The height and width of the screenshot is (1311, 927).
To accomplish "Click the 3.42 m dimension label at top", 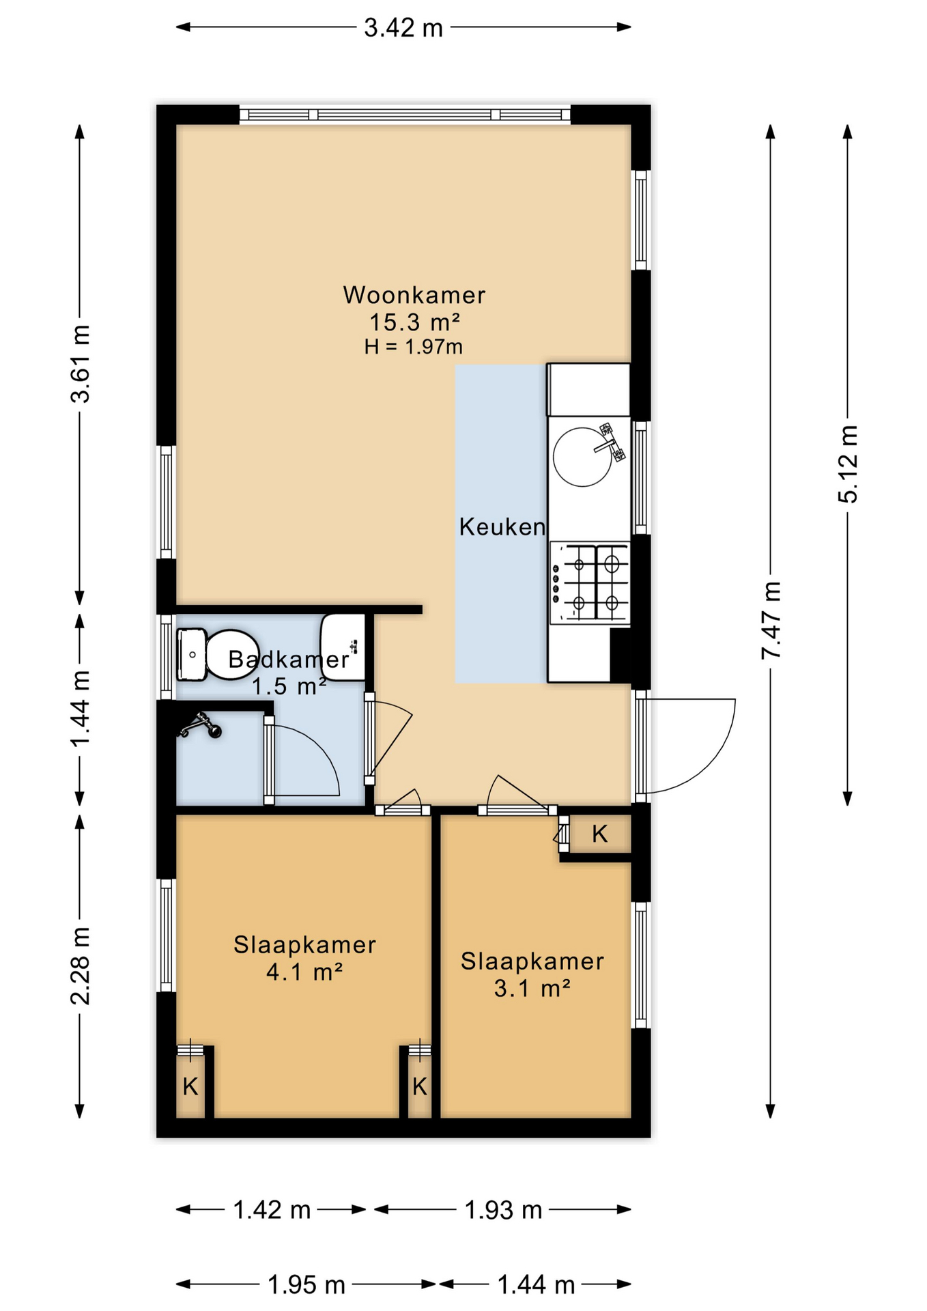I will pos(403,28).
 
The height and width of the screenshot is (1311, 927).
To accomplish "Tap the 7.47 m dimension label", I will pos(771,620).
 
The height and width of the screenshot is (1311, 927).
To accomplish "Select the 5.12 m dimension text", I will pos(848,464).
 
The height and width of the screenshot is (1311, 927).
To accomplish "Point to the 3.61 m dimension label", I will pos(81,364).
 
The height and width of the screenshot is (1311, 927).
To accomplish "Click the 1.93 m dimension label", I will pos(503,1211).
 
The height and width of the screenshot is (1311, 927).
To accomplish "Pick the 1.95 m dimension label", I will pos(306,1286).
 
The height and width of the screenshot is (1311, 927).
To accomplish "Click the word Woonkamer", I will pos(414,295).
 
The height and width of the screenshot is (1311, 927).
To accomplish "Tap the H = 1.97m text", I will pos(414,347).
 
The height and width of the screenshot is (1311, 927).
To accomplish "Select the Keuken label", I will pos(502,526).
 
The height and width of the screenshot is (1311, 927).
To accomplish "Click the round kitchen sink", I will pos(582,457).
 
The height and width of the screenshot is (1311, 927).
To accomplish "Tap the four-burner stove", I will pos(590,584).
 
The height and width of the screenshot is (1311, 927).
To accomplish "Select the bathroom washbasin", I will pos(343,647).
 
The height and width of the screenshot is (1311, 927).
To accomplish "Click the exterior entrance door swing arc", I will pos(703,751).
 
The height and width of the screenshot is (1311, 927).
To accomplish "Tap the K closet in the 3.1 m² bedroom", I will pos(599,834).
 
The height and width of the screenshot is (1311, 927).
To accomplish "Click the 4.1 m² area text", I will pos(304,972).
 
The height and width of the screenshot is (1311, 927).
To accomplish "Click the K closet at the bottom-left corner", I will pos(190,1086).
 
